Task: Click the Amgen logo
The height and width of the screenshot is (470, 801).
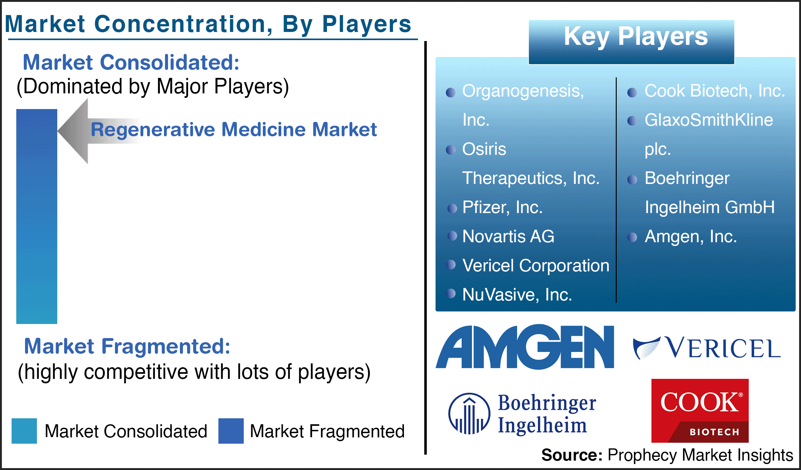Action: point(525,347)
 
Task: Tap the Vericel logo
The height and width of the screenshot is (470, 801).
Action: point(707,348)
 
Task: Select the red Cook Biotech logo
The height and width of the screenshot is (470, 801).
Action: point(700,410)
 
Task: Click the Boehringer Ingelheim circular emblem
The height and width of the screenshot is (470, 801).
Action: point(469,414)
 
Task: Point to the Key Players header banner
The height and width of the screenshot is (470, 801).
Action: point(631,42)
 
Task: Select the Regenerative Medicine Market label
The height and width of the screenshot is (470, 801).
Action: point(234,129)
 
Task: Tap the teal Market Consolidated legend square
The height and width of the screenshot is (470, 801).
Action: point(24,431)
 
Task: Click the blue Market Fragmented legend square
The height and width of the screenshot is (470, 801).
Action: point(231,431)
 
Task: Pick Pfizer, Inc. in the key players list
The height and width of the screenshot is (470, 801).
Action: point(502,207)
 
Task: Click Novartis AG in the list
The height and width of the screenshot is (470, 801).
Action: point(508,237)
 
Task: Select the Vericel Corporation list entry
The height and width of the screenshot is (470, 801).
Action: point(536,265)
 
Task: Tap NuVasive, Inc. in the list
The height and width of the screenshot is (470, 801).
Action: point(517,295)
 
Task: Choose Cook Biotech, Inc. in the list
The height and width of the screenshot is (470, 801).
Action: point(715,91)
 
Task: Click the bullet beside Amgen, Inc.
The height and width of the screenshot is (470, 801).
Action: point(632,238)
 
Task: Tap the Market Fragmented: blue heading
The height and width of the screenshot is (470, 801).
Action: point(127,346)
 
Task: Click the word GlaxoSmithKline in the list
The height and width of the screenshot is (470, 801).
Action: point(709,120)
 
